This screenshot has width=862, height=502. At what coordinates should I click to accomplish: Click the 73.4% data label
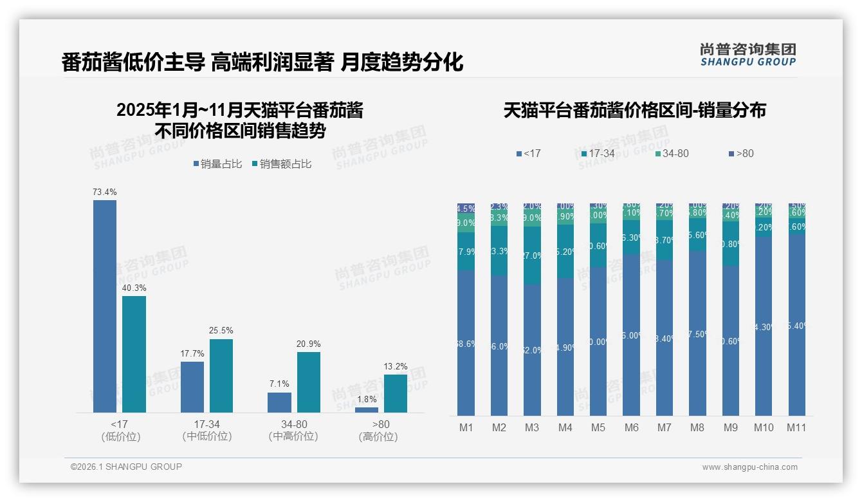(105, 192)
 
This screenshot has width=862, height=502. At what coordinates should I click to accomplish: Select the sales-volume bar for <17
(105, 306)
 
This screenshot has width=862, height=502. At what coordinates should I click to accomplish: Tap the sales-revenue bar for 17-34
(221, 375)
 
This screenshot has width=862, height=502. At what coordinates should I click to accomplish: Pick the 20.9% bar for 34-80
(308, 382)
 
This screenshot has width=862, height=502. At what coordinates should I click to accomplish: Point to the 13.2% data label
(396, 366)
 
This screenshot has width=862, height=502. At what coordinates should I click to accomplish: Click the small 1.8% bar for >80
(367, 409)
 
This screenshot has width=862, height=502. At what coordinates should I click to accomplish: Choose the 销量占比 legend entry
(217, 164)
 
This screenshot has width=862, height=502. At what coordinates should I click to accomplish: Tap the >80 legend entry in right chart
(741, 153)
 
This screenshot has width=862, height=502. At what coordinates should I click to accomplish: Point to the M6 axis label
(631, 427)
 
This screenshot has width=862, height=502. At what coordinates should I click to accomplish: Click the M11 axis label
(796, 427)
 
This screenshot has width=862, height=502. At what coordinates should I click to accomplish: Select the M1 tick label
(466, 427)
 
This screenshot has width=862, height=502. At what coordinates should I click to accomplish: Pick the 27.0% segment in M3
(532, 256)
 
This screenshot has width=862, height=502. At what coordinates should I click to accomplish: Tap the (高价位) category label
(378, 436)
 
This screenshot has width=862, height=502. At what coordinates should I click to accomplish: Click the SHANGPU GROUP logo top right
(748, 55)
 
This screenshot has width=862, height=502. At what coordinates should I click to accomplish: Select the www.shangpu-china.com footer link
(749, 467)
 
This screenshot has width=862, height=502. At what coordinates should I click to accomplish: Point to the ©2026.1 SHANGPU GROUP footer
(126, 467)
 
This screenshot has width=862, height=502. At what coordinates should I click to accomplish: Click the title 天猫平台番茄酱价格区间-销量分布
(634, 110)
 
